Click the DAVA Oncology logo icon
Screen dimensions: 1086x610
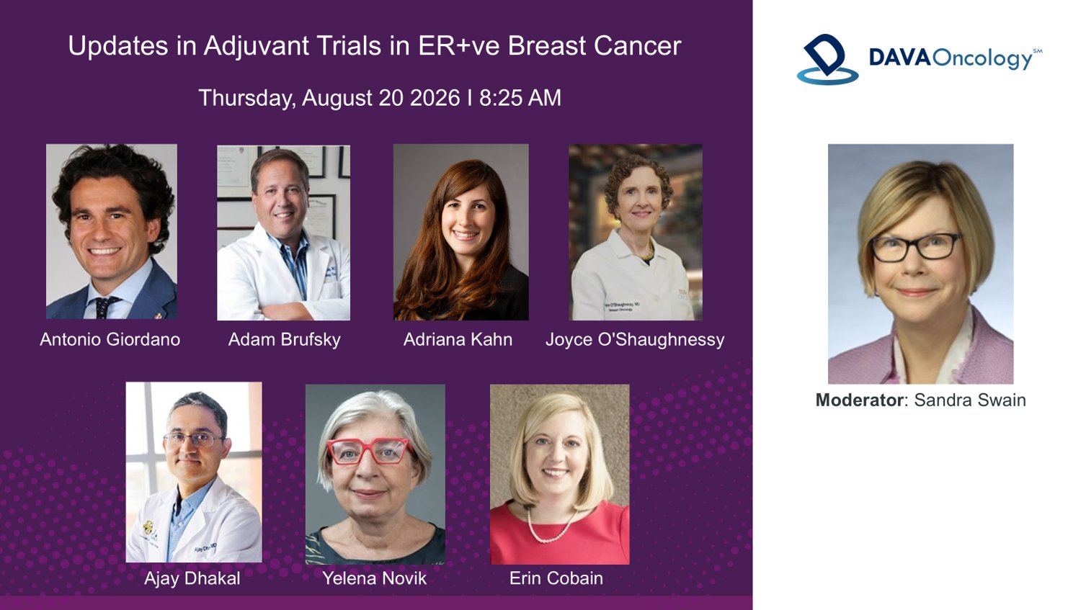827,59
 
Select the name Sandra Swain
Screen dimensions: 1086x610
970,400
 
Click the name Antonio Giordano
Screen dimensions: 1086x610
110,339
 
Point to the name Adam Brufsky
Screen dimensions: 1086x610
285,339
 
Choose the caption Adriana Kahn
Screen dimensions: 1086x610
458,339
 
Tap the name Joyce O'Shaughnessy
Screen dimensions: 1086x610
635,340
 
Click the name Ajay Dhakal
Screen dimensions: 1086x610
192,578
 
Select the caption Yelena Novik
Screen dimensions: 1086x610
374,578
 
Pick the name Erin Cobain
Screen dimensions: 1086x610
556,578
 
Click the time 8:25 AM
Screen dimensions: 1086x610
520,98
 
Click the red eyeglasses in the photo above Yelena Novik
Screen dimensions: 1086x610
368,451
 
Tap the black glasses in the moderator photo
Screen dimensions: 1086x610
915,247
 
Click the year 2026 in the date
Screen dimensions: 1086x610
435,98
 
